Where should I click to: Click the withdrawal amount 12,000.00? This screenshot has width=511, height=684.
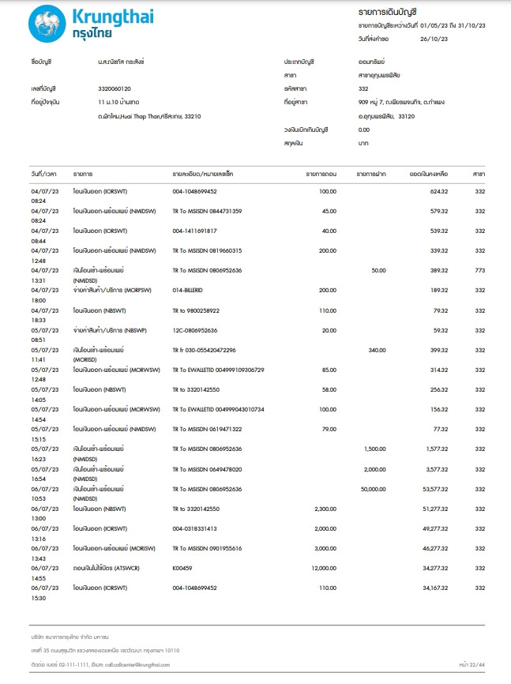[319, 568]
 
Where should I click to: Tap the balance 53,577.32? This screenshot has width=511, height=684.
[433, 489]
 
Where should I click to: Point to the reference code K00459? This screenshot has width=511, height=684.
[182, 568]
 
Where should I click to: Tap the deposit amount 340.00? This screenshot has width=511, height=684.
[376, 350]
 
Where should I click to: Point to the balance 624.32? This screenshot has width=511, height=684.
[438, 191]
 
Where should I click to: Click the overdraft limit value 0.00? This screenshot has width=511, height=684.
[363, 130]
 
